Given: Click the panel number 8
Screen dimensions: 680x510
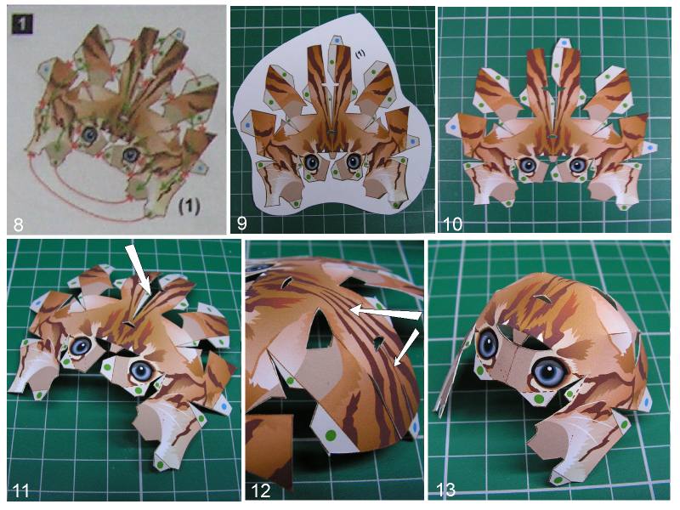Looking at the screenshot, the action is pyautogui.click(x=19, y=224).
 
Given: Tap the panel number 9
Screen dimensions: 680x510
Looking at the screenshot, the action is pyautogui.click(x=242, y=224).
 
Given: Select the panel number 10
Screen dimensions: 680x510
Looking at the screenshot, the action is pyautogui.click(x=452, y=224).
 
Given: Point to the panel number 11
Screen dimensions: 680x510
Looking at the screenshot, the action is pyautogui.click(x=21, y=490).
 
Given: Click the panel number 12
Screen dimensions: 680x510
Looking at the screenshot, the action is pyautogui.click(x=261, y=490).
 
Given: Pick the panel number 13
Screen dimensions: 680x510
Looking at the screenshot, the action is pyautogui.click(x=445, y=490).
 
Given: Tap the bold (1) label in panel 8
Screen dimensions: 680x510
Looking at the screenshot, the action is pyautogui.click(x=189, y=207).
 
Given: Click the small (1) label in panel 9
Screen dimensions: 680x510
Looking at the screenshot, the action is pyautogui.click(x=360, y=54).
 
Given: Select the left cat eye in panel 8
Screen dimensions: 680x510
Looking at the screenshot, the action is pyautogui.click(x=90, y=135).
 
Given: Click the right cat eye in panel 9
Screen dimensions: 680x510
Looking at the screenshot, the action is pyautogui.click(x=353, y=161).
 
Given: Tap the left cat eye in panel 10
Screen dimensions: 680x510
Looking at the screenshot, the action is pyautogui.click(x=527, y=165).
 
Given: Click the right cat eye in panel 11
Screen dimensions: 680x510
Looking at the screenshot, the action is pyautogui.click(x=143, y=371).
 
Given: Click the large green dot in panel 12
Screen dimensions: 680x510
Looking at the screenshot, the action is pyautogui.click(x=331, y=434).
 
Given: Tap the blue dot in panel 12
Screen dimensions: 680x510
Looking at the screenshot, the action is pyautogui.click(x=416, y=428).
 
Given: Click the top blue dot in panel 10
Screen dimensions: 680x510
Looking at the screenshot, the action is pyautogui.click(x=563, y=43).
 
